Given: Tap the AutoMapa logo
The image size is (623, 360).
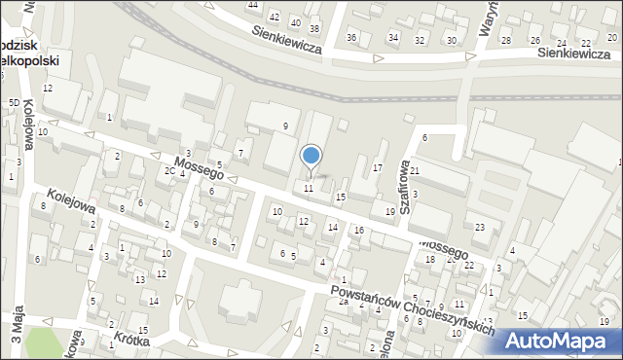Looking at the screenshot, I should click(x=560, y=341).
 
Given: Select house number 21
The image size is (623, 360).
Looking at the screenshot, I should click(x=414, y=171).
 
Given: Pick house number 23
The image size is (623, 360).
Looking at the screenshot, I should click(x=480, y=228).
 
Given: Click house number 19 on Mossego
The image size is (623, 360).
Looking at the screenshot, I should click(x=390, y=211).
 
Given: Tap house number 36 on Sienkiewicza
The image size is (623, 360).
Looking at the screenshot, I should click(x=351, y=37).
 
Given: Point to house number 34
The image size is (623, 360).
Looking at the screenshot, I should click(x=393, y=38).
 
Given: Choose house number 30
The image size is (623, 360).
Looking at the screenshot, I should click(x=451, y=40).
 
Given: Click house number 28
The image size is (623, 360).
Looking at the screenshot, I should click(x=505, y=40).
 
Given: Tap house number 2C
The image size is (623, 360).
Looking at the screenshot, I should click(x=168, y=171).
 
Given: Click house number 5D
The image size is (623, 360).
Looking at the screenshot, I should click(x=14, y=102).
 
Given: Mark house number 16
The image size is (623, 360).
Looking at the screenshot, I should click(x=358, y=230).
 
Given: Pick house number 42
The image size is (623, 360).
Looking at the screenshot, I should click(x=275, y=17).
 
